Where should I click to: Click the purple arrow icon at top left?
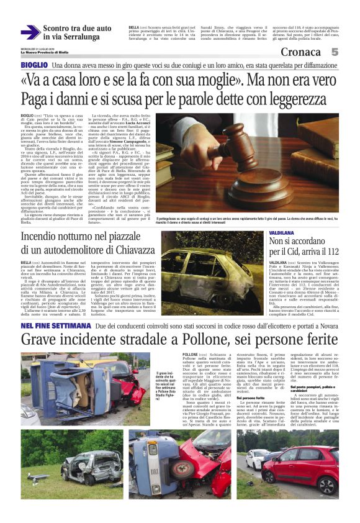tap(30, 32)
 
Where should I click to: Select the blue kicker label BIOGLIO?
tap(34, 65)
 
